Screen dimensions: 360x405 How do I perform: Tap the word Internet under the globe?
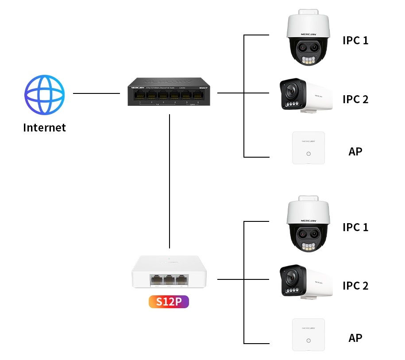tap(44, 128)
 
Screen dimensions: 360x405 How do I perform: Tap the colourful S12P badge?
tap(169, 302)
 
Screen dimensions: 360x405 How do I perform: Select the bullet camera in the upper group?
tap(306, 95)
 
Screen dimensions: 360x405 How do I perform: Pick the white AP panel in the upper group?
tap(309, 148)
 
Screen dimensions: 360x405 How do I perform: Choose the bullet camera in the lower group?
tap(306, 282)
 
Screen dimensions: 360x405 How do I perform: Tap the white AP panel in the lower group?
tap(309, 335)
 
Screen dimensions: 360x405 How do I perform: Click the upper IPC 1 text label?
tap(355, 40)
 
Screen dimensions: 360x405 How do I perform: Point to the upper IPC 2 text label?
tap(355, 99)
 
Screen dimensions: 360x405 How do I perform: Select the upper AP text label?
tap(355, 151)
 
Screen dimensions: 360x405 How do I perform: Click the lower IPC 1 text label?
tap(355, 227)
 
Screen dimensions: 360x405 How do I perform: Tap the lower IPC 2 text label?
tap(355, 286)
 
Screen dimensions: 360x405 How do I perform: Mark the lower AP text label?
tap(355, 338)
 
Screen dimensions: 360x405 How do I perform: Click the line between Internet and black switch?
tap(96, 93)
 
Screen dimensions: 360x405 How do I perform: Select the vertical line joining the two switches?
tap(170, 182)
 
